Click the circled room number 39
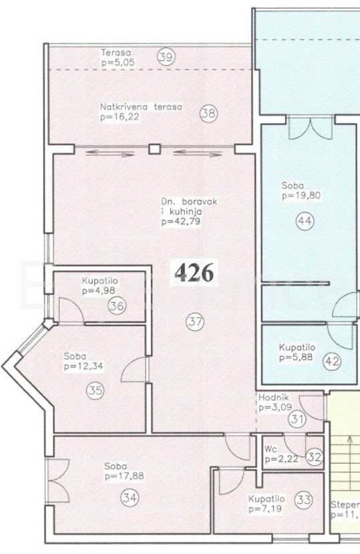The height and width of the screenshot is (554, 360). pos(166,57)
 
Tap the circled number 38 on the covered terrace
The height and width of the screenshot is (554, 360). pos(209,114)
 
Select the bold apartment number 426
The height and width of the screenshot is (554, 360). pos(194,273)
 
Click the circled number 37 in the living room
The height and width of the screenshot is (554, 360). pos(195,321)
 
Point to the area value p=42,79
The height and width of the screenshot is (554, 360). pos(181,221)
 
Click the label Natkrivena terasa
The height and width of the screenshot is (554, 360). pos(142,107)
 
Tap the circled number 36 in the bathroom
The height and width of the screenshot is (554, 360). pos(117,305)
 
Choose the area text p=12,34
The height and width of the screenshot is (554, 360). pos(83,366)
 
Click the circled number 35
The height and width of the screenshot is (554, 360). pos(96,391)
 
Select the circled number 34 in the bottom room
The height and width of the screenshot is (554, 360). pos(130,498)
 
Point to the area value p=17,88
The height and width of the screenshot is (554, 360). pos(124,476)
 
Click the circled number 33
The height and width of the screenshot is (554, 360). pos(303,500)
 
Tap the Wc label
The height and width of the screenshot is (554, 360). pos(271,450)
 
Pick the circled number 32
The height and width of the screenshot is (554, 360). pos(315,457)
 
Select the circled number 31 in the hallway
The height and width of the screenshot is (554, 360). pos(297,420)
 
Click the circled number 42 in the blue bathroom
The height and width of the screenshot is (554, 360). pos(332,361)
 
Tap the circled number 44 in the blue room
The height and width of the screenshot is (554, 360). pos(305,221)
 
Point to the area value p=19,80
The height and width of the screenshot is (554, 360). pos(301,195)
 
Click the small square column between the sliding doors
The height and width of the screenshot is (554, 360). pos(154,149)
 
